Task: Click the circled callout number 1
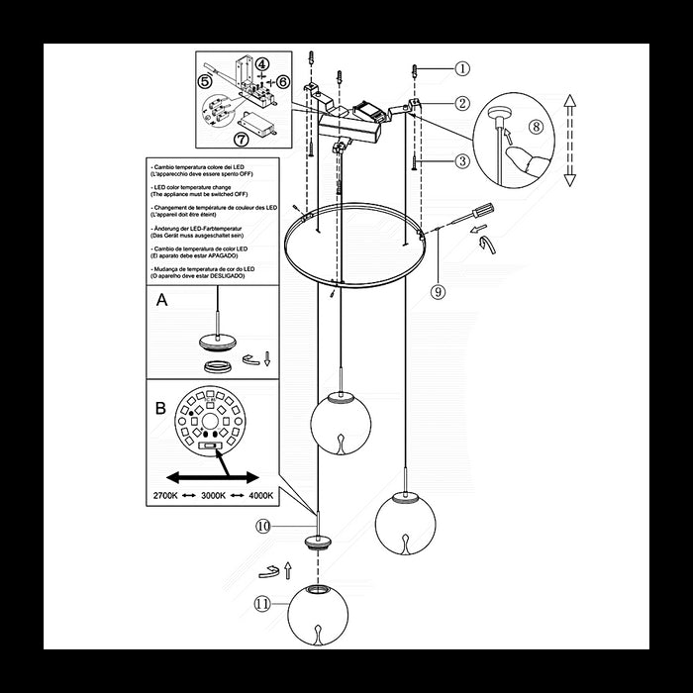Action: [x=463, y=69]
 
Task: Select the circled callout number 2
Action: [x=463, y=103]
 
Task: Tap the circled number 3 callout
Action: [x=463, y=160]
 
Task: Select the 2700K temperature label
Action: [x=166, y=494]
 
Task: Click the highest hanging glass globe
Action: [x=341, y=423]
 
